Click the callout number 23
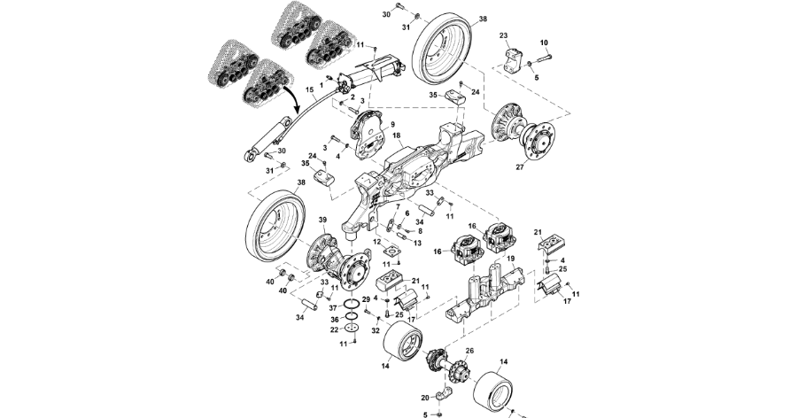pos(503,36)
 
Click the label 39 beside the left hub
pos(322,220)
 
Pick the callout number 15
pos(310,90)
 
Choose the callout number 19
pos(511,259)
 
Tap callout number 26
pos(469,352)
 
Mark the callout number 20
pos(424,397)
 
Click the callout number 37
pos(332,307)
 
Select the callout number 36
pos(332,319)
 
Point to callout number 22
pos(332,329)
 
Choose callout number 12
pos(376,242)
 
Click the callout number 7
pos(398,206)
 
